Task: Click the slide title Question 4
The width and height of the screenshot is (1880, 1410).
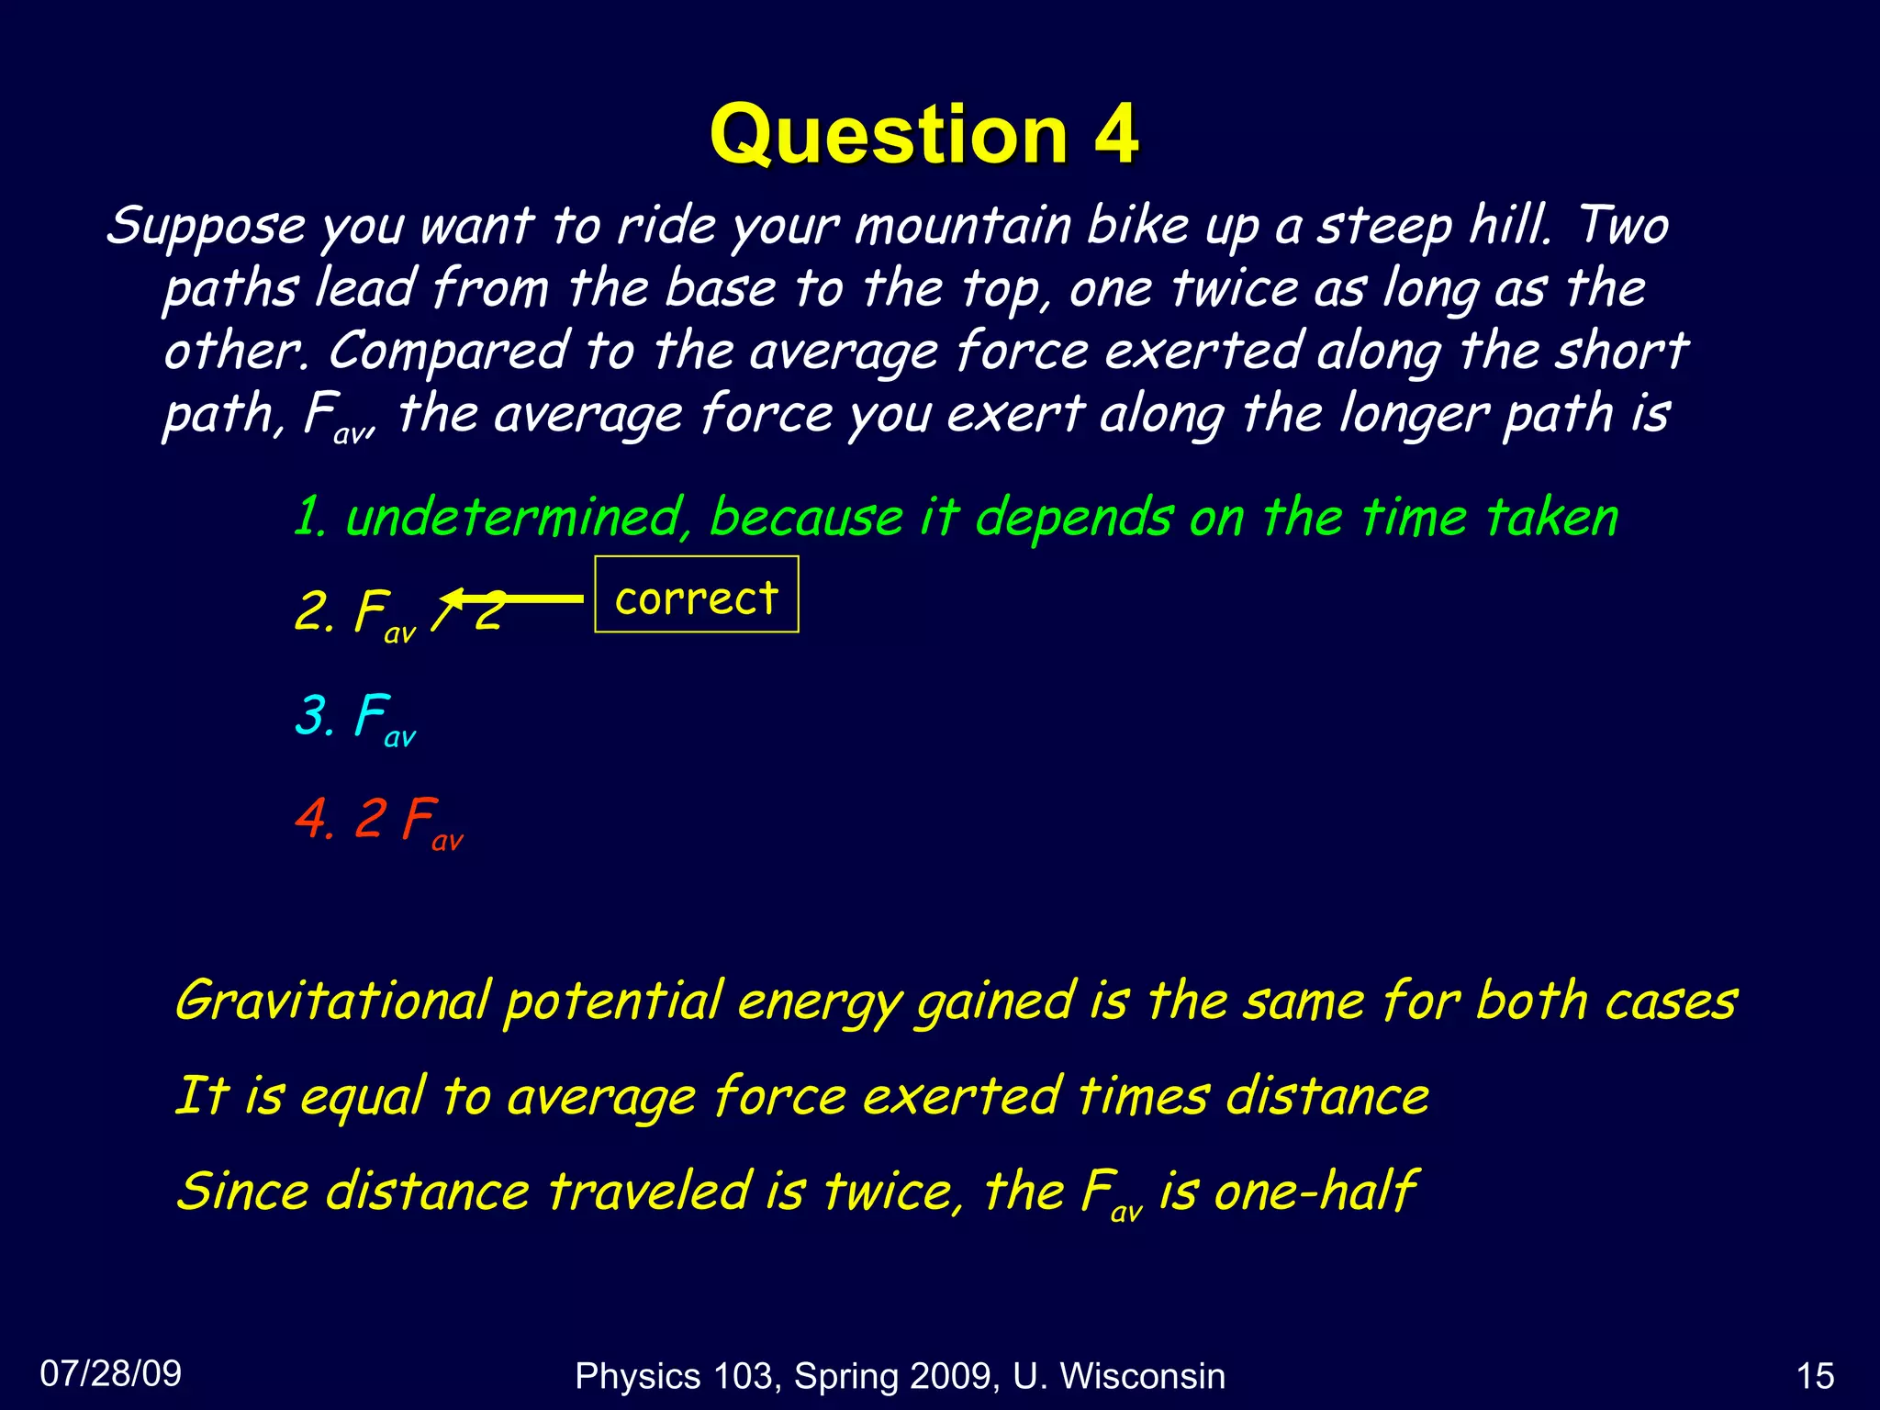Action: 923,135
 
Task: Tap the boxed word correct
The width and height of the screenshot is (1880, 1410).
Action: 696,598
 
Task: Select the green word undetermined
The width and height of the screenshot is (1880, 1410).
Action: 514,517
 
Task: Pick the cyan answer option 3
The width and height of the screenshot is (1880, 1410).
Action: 355,717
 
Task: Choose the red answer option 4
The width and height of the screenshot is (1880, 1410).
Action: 379,820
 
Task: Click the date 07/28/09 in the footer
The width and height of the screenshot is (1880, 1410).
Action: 111,1373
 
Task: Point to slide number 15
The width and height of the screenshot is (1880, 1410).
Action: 1815,1376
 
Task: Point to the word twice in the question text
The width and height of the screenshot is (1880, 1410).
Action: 1234,288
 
